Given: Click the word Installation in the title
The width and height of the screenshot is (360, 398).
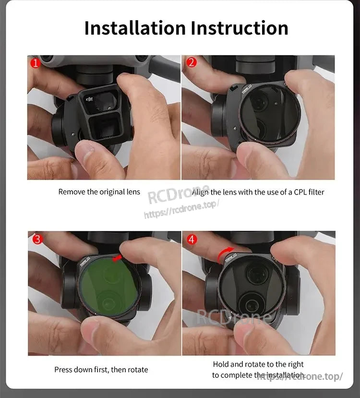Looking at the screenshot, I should click(135, 28).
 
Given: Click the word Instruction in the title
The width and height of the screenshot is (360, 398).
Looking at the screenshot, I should click(240, 28).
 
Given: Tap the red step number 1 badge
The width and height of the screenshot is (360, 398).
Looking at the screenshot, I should click(34, 62).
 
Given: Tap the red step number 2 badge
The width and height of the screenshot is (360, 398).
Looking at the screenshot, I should click(191, 62).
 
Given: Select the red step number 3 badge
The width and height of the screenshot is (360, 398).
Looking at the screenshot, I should click(35, 239).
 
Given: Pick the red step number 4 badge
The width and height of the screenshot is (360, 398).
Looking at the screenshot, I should click(191, 239).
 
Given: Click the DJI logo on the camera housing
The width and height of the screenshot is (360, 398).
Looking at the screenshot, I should click(90, 99).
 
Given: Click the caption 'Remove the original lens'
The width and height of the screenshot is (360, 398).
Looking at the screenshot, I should click(99, 192).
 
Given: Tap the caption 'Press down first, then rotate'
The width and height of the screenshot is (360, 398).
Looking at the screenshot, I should click(101, 370).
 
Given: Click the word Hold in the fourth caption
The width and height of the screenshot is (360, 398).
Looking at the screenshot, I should click(221, 364).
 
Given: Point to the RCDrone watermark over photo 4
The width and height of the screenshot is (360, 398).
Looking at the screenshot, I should click(235, 317).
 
